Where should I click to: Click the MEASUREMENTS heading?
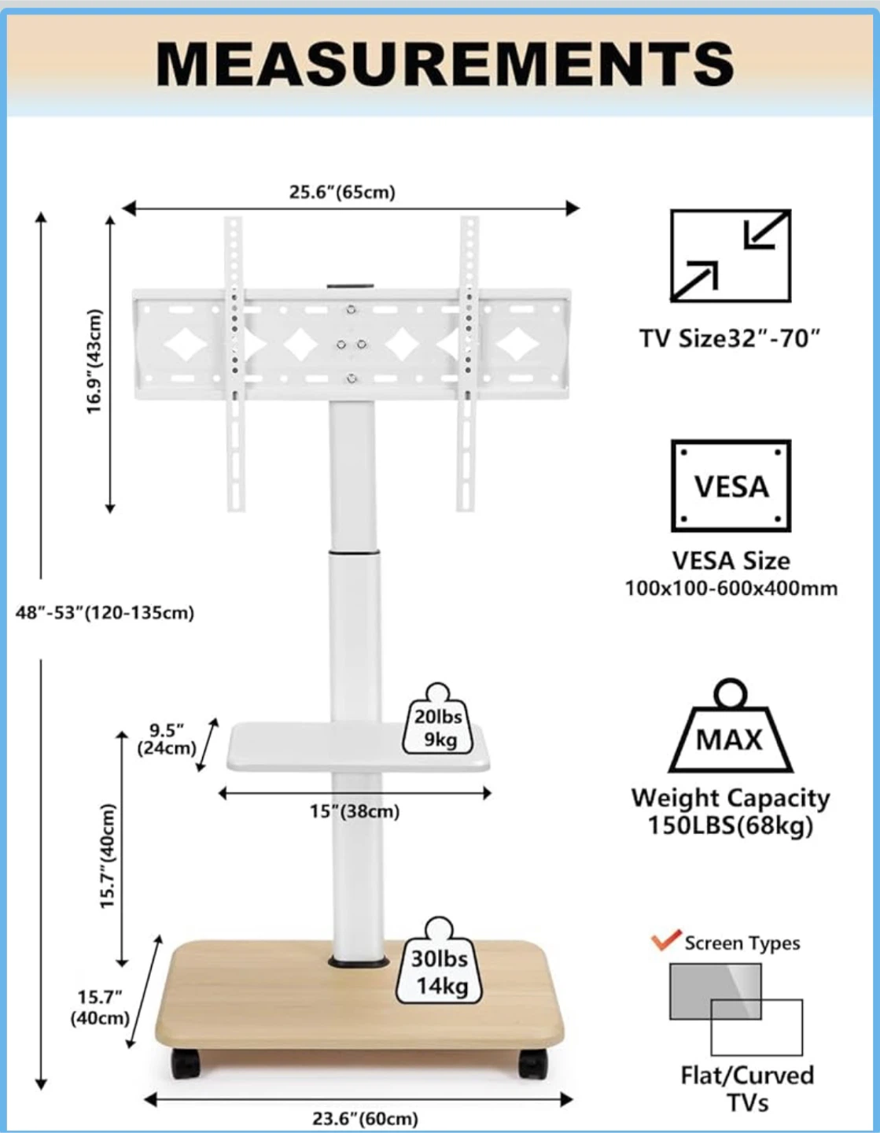click(x=444, y=64)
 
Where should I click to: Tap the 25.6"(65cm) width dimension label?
click(x=342, y=193)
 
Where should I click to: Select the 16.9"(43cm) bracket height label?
click(x=94, y=362)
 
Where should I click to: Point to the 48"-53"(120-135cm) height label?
click(x=105, y=613)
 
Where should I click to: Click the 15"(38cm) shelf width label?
click(x=355, y=812)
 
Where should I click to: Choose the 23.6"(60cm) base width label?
click(x=365, y=1119)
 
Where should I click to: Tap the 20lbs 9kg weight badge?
click(x=438, y=719)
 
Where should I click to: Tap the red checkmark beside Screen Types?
click(x=666, y=940)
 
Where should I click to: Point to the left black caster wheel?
click(x=186, y=1064)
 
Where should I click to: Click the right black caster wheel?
click(x=533, y=1064)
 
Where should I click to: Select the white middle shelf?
click(x=359, y=747)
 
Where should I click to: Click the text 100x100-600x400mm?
click(x=731, y=589)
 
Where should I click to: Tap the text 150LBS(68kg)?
click(x=731, y=825)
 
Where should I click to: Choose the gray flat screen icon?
click(x=715, y=991)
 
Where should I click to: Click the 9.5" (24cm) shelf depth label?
click(x=167, y=738)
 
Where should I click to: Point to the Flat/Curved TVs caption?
click(x=747, y=1090)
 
